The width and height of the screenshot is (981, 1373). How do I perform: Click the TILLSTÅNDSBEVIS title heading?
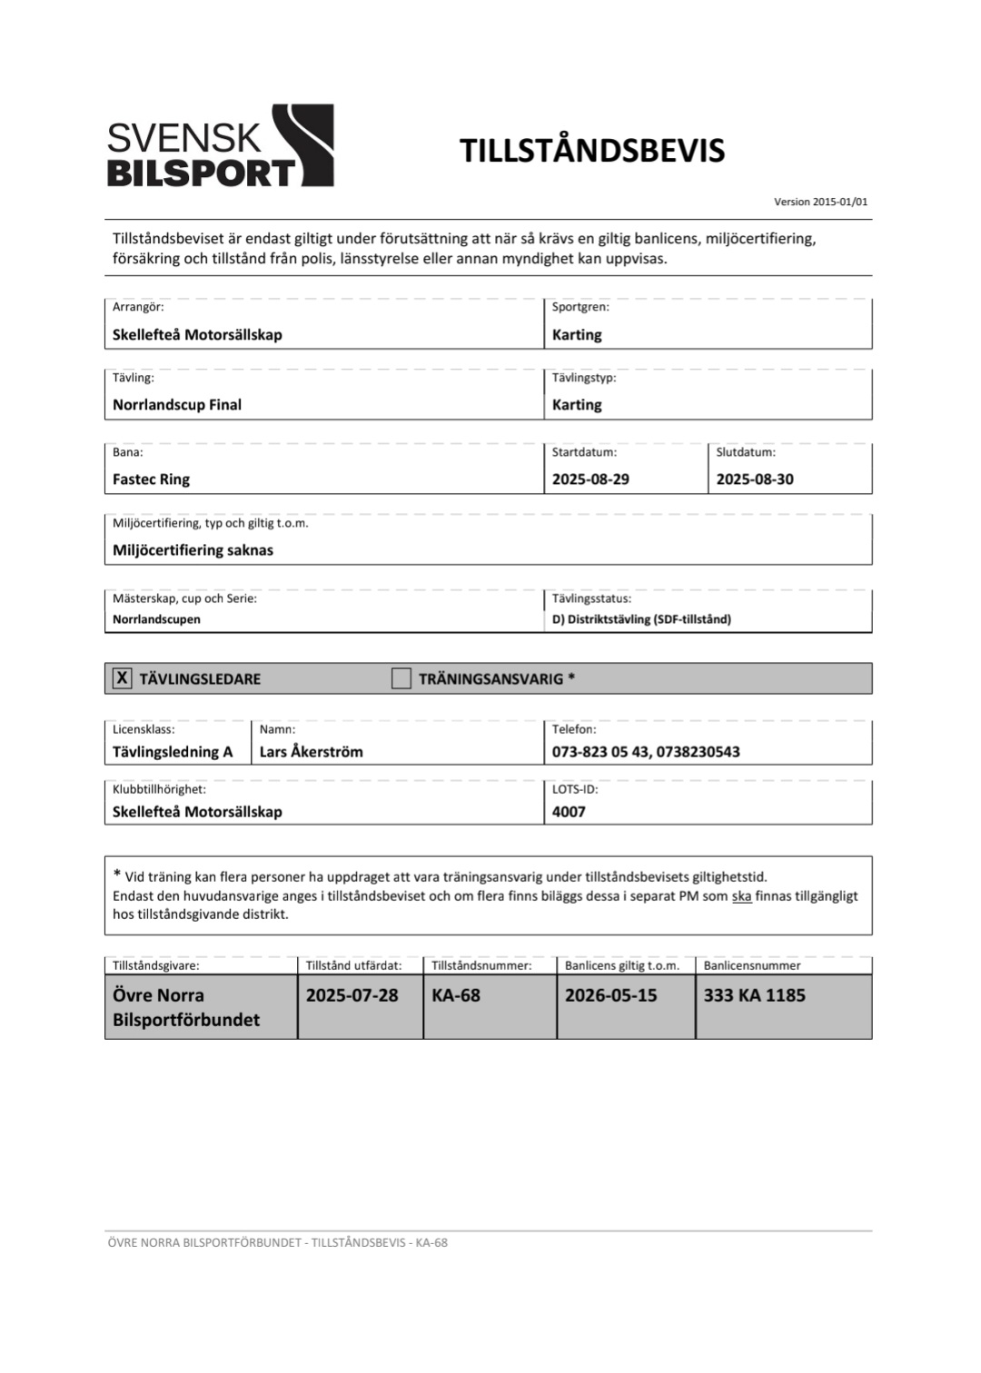(591, 151)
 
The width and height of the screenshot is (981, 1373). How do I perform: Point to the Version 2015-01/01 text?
(820, 202)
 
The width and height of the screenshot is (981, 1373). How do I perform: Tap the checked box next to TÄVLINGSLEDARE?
(122, 678)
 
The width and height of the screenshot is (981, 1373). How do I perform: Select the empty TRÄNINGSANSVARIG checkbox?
(401, 678)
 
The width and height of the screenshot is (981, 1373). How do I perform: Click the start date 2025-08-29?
(590, 479)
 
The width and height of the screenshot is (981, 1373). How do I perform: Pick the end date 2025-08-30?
(754, 479)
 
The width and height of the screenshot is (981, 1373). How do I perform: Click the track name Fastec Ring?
(151, 479)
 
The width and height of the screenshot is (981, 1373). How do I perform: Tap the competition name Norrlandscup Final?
(177, 405)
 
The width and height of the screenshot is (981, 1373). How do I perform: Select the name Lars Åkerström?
(311, 752)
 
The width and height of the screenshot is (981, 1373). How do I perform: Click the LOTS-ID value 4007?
(569, 812)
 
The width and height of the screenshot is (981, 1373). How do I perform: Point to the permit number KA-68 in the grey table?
(456, 995)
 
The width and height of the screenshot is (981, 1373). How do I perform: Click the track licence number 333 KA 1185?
(754, 995)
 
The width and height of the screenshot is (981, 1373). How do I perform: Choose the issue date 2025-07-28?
(352, 995)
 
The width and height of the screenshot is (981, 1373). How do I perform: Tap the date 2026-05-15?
(610, 995)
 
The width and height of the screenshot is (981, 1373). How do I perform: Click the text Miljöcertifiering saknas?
(193, 550)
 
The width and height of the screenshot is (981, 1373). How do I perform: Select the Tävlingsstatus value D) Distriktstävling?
(641, 619)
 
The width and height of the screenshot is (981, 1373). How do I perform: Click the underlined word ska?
(741, 896)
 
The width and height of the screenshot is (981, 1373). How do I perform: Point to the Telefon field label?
(573, 729)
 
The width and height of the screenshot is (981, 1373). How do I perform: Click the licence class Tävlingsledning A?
(173, 752)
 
